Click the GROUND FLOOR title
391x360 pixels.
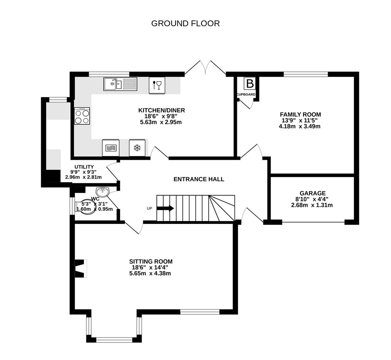coord(185,23)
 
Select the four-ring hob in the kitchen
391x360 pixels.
coord(82,116)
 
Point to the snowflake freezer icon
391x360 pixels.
coord(137,148)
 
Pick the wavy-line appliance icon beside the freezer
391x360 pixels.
coord(110,148)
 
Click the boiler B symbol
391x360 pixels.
coord(250,83)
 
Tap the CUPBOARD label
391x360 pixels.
coord(246,95)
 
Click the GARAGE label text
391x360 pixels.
coord(312,193)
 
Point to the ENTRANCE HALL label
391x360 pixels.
coord(199,179)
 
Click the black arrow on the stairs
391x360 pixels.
coord(165,208)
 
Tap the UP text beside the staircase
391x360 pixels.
coord(149,208)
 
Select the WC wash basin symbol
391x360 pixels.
coord(102,192)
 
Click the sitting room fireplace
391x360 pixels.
coord(80,268)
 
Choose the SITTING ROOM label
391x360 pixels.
coord(151,262)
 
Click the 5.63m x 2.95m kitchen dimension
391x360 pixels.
coord(161,122)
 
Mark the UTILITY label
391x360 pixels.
coord(84,167)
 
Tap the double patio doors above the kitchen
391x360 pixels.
coord(206,68)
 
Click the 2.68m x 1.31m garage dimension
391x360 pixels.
coord(312,205)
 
